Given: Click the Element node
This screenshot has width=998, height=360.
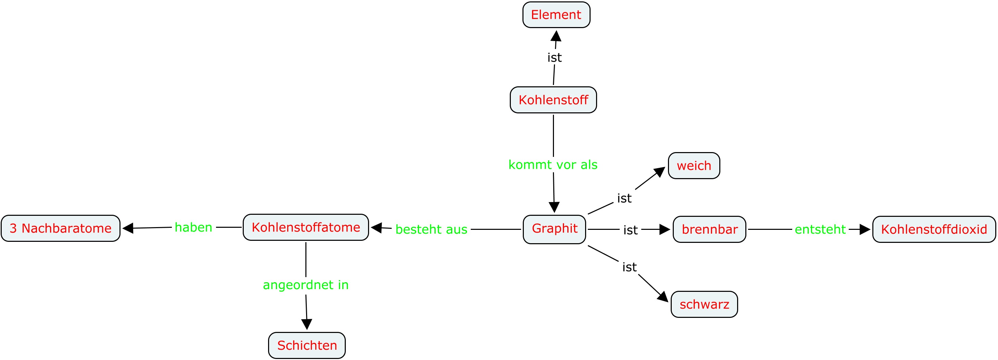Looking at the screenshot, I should [556, 15].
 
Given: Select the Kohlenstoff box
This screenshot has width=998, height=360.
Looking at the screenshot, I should [553, 100].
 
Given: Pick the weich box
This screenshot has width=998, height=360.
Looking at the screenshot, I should [694, 165].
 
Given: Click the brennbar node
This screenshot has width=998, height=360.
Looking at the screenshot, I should [709, 229].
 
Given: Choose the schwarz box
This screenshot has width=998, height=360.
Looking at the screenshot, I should [704, 304].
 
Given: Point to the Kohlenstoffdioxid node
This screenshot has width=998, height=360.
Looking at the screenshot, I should [934, 229].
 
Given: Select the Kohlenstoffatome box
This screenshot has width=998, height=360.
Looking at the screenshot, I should [306, 227].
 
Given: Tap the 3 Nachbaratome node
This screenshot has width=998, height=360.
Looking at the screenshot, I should [61, 228].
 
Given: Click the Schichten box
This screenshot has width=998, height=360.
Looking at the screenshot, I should [307, 345].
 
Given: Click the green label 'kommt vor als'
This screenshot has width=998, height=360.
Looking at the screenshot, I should [553, 165].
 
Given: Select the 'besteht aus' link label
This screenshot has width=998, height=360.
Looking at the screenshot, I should [431, 229].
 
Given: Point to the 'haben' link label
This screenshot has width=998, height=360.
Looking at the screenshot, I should [193, 227].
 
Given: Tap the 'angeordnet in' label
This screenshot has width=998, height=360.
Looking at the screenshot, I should [306, 285].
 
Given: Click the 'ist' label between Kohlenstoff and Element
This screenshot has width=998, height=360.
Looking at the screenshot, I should [554, 57].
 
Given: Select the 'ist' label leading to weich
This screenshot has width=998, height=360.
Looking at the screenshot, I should [624, 198].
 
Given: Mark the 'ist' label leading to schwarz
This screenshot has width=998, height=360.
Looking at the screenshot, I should [629, 267].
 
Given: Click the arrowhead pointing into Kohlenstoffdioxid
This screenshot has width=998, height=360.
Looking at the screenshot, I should [865, 229].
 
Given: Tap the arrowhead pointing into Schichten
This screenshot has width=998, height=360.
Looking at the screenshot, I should [307, 324].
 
